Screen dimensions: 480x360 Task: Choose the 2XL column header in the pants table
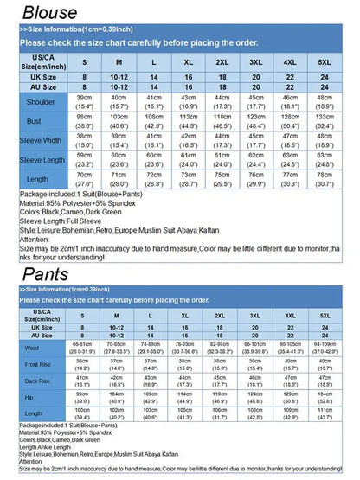pyautogui.click(x=220, y=317)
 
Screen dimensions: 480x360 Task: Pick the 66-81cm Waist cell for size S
pyautogui.click(x=83, y=348)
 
